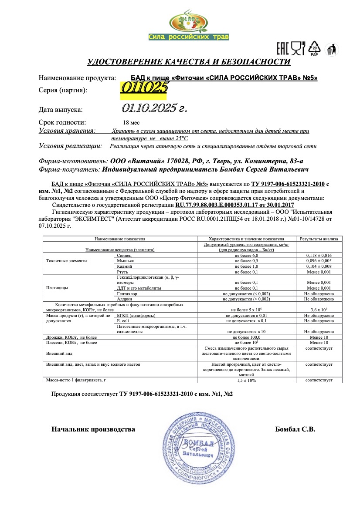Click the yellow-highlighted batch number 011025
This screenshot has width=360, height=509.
tap(144, 88)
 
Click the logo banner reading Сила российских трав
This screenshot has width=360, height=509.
tap(188, 37)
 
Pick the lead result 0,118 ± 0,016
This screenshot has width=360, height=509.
tap(319, 255)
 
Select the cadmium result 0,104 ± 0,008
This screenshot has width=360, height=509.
tap(319, 266)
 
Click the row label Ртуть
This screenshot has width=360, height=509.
tap(122, 272)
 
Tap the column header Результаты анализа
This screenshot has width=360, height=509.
tap(319, 239)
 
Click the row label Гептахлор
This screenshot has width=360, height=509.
tap(127, 294)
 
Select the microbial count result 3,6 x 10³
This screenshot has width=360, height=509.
tap(319, 310)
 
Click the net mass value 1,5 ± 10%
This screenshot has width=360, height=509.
tap(246, 380)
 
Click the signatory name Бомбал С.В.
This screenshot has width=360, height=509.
tap(295, 429)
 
